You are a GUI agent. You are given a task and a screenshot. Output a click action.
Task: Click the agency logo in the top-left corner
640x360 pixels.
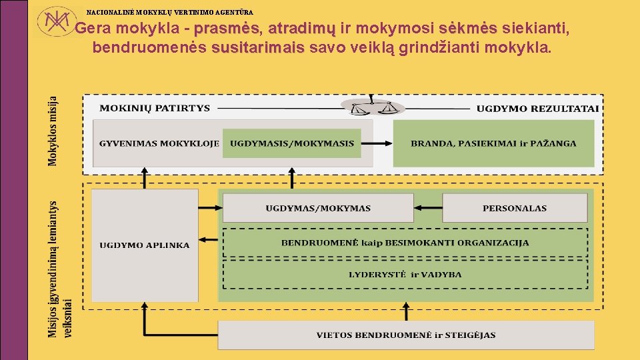pyautogui.click(x=55, y=23)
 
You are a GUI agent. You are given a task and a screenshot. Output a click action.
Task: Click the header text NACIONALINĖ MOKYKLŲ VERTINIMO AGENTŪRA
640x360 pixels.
pyautogui.click(x=170, y=12)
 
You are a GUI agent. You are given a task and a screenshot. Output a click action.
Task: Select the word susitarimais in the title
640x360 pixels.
pyautogui.click(x=257, y=48)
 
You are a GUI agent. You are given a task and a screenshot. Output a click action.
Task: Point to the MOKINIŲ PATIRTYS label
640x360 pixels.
pyautogui.click(x=155, y=108)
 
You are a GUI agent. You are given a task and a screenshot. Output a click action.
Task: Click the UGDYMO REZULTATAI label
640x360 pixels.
pyautogui.click(x=537, y=109)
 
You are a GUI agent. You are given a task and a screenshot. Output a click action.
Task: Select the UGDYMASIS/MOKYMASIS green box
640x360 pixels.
pyautogui.click(x=291, y=143)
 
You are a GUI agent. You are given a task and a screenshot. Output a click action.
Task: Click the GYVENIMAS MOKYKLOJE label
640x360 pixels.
pyautogui.click(x=159, y=143)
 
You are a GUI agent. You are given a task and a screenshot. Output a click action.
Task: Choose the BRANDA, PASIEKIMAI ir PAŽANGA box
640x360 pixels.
pyautogui.click(x=493, y=143)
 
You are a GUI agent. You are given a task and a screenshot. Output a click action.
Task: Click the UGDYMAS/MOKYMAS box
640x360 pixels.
pyautogui.click(x=318, y=209)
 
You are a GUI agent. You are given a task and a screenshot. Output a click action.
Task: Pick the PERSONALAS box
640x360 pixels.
pyautogui.click(x=515, y=209)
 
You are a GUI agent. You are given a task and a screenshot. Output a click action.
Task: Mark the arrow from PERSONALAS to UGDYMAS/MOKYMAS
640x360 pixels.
pyautogui.click(x=428, y=209)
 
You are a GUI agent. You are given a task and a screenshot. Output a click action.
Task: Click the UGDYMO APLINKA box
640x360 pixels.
pyautogui.click(x=145, y=245)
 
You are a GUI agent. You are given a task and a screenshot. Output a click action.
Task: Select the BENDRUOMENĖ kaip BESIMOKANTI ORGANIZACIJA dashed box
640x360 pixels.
pyautogui.click(x=405, y=243)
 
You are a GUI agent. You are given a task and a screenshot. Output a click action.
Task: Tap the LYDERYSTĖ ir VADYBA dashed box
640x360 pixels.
pyautogui.click(x=405, y=274)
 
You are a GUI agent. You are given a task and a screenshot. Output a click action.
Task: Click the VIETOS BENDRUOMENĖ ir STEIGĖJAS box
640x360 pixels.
pyautogui.click(x=406, y=335)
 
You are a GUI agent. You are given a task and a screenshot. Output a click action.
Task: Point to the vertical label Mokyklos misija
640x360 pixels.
pyautogui.click(x=53, y=131)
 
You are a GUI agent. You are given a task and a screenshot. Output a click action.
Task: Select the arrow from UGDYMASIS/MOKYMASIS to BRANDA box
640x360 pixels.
pyautogui.click(x=377, y=143)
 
